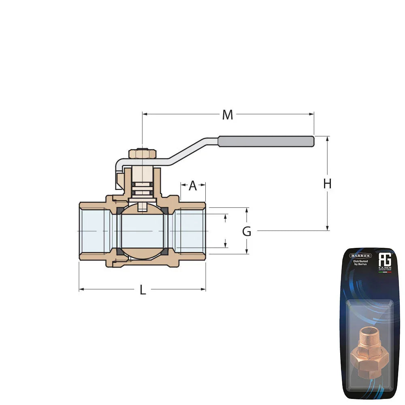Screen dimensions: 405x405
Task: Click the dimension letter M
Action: click(x=228, y=115)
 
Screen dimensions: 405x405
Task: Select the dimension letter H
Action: click(x=327, y=184)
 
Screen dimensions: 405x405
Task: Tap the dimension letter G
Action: click(x=247, y=232)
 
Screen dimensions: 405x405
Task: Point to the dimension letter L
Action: click(x=143, y=290)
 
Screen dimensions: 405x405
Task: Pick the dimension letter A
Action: click(x=193, y=186)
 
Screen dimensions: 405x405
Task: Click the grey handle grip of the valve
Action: click(x=266, y=141)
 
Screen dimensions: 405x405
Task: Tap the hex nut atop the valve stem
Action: click(x=142, y=154)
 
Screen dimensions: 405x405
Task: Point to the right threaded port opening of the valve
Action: click(x=190, y=231)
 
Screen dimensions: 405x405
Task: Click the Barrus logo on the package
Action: click(x=360, y=256)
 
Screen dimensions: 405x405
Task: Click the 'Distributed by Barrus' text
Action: click(x=360, y=263)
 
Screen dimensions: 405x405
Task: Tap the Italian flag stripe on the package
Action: click(x=385, y=272)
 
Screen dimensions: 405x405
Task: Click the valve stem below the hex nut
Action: click(x=142, y=174)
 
